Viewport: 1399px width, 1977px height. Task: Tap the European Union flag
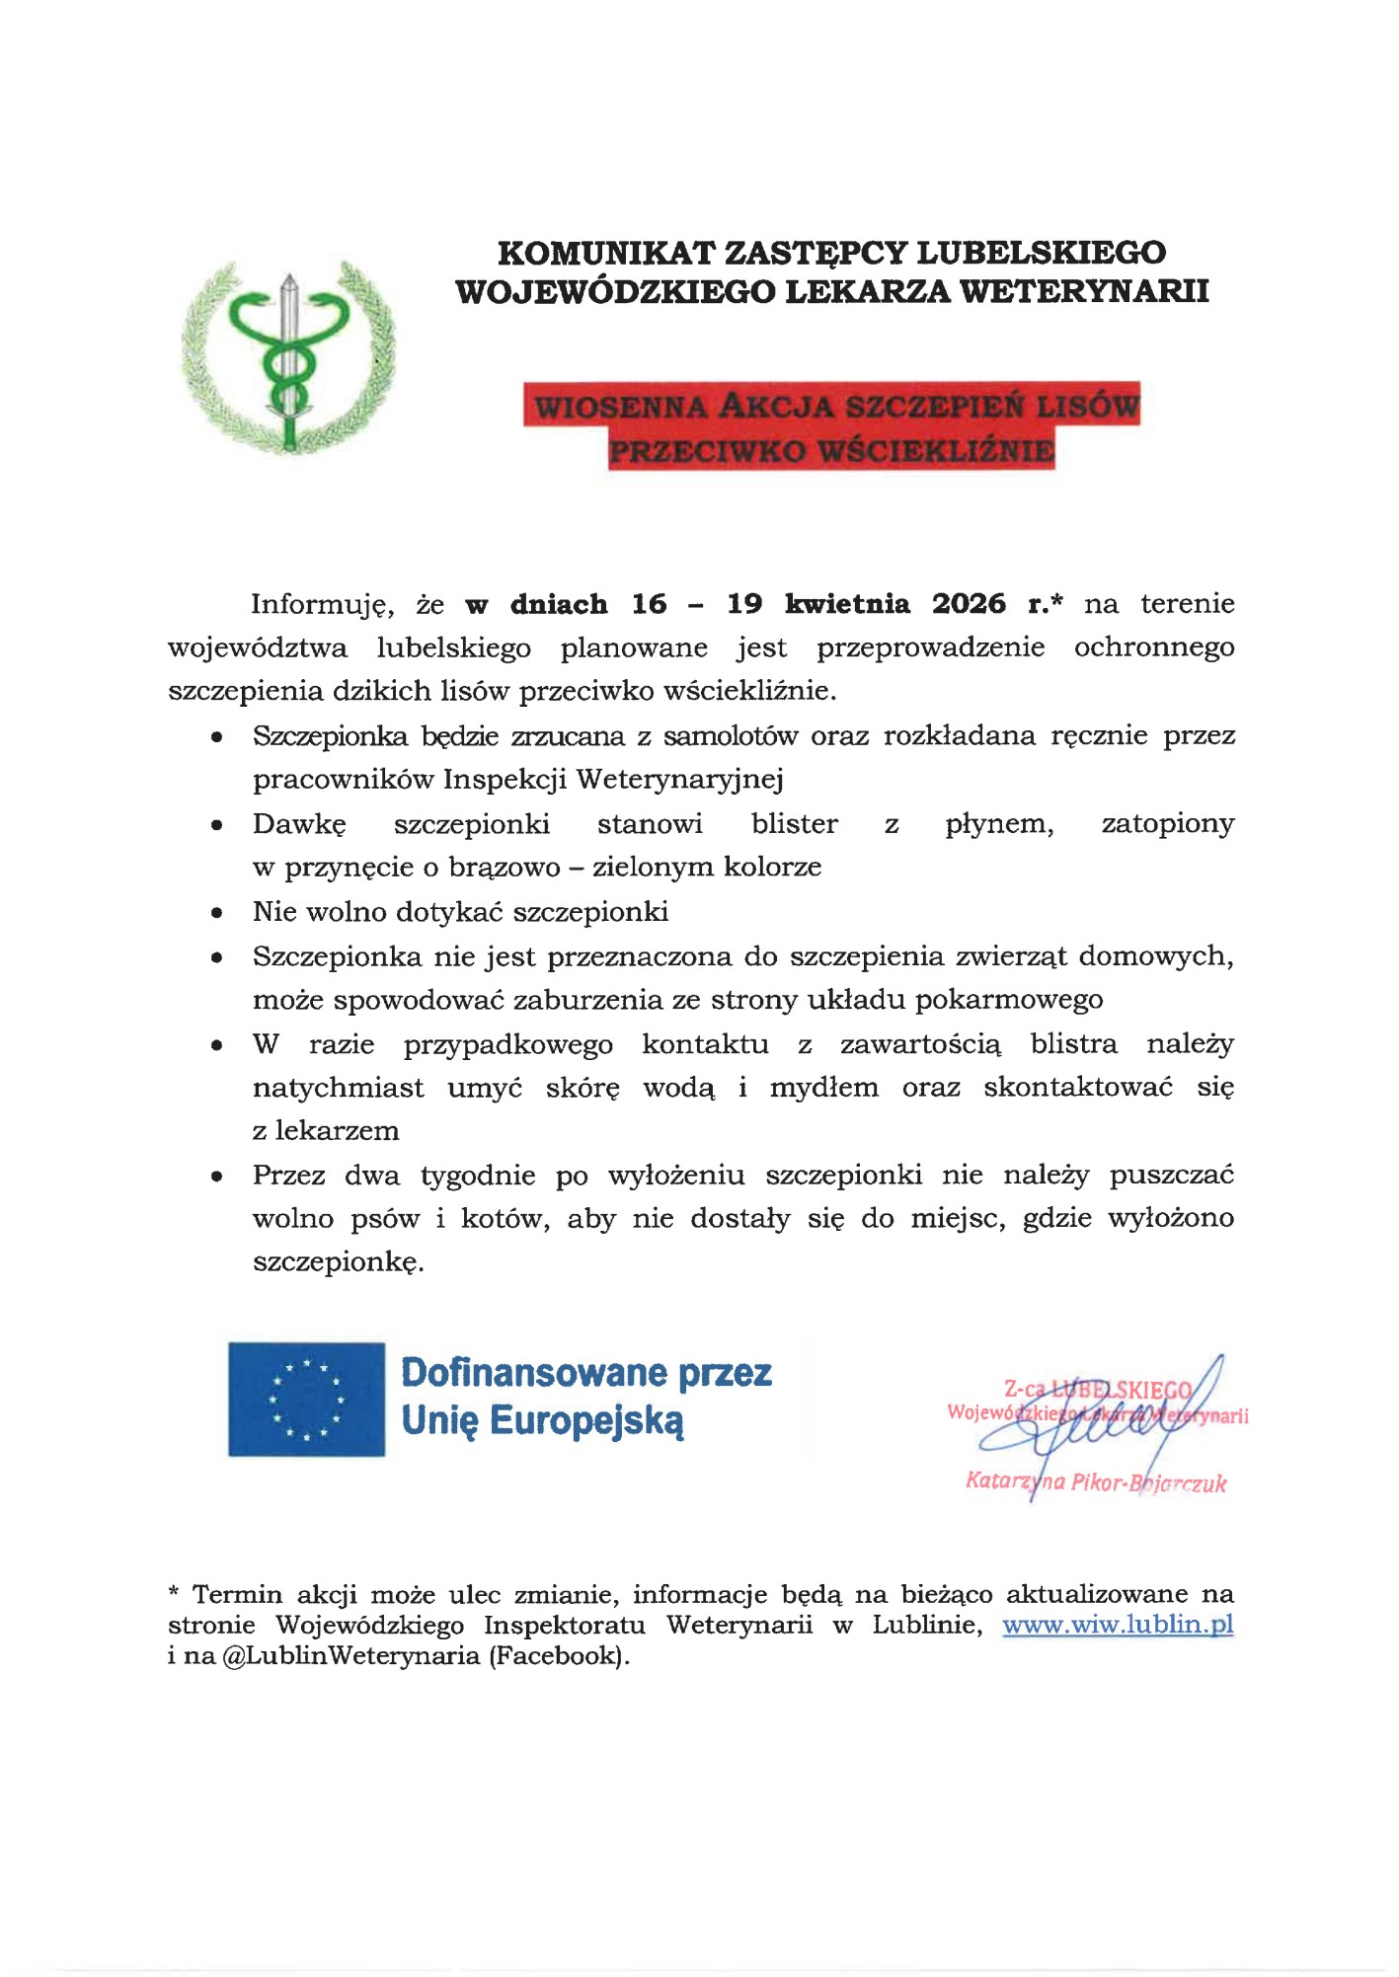pyautogui.click(x=306, y=1399)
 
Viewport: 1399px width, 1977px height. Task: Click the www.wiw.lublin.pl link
pyautogui.click(x=1118, y=1625)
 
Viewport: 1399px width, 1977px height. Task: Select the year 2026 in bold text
pyautogui.click(x=969, y=604)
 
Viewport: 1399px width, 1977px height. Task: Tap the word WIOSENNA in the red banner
pyautogui.click(x=620, y=407)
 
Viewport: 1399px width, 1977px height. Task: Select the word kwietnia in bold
pyautogui.click(x=847, y=604)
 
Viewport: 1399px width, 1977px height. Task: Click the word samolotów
pyautogui.click(x=730, y=736)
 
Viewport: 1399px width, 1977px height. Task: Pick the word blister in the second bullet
pyautogui.click(x=794, y=824)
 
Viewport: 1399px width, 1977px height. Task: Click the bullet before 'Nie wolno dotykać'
pyautogui.click(x=217, y=913)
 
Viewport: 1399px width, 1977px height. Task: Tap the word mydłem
pyautogui.click(x=823, y=1088)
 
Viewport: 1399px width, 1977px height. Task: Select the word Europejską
pyautogui.click(x=586, y=1421)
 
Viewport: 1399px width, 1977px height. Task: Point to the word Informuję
pyautogui.click(x=322, y=605)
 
